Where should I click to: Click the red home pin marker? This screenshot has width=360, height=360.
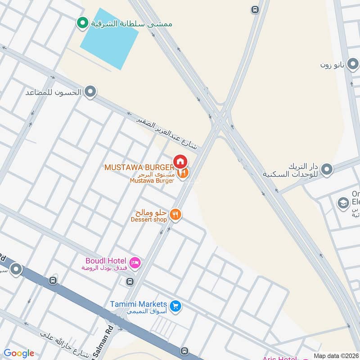[x=180, y=161]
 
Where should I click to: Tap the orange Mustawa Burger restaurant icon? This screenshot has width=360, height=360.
[x=183, y=173]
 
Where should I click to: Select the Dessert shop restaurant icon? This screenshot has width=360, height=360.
[x=176, y=215]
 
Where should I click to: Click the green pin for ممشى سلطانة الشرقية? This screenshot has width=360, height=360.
[x=82, y=23]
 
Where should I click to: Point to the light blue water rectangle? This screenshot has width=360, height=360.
[x=109, y=39]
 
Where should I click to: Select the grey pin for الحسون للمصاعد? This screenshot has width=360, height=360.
[x=90, y=92]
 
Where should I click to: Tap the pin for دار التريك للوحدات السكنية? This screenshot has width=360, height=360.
[x=327, y=170]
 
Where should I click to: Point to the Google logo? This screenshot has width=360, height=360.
[x=19, y=353]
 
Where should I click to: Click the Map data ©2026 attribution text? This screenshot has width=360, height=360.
[x=335, y=355]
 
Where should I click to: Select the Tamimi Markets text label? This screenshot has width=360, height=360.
[x=139, y=305]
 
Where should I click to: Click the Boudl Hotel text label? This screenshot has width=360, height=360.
[x=106, y=261]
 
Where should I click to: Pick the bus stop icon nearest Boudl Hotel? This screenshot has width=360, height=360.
[x=130, y=282]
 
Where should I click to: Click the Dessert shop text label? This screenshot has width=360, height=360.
[x=148, y=220]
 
